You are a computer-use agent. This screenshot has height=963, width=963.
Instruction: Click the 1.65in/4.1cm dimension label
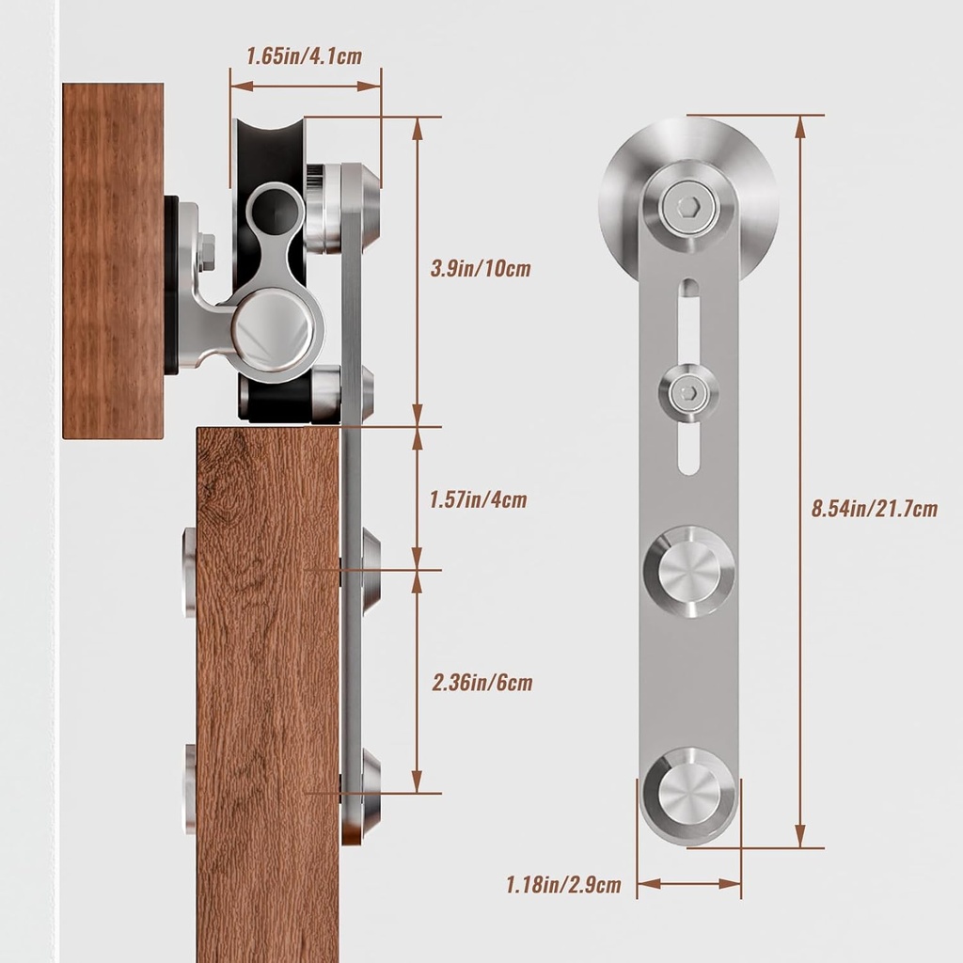click(303, 55)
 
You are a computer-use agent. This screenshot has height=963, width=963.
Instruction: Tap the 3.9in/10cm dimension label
click(481, 269)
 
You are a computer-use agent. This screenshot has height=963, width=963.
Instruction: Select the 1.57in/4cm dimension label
click(477, 499)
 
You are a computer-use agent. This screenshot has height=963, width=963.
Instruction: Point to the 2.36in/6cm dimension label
click(481, 682)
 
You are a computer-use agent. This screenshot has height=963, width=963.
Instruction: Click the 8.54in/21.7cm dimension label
click(875, 509)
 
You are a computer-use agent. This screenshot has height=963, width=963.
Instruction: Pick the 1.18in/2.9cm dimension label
click(563, 884)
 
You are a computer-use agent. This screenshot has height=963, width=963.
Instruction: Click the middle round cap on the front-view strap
click(689, 572)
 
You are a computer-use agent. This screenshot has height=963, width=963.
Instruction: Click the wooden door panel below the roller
click(268, 696)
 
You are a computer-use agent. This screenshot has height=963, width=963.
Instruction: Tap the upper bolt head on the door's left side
click(189, 573)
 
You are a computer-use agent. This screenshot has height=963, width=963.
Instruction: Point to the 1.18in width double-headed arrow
click(688, 883)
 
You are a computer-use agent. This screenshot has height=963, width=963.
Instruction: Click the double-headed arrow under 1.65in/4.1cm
click(306, 86)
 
